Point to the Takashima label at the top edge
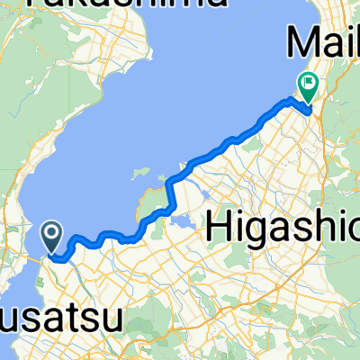click(126, 5)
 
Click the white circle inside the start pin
click(52, 234)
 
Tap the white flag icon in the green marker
click(309, 85)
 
